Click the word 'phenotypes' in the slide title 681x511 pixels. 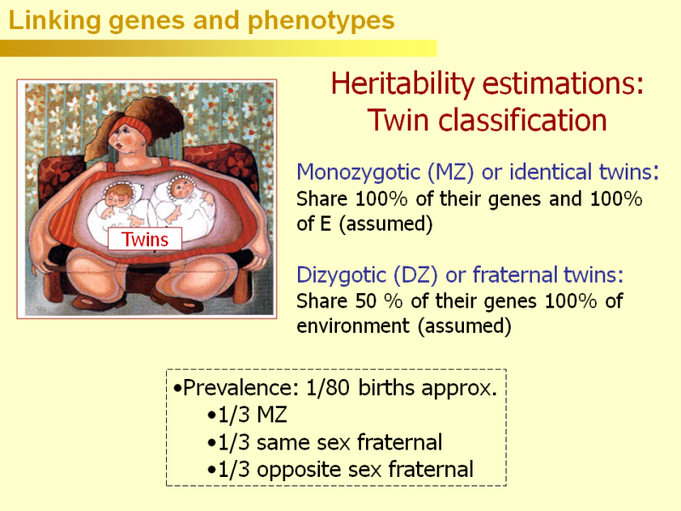tap(321, 21)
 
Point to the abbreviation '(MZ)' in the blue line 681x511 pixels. tap(450, 173)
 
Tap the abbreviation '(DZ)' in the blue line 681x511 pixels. tap(415, 275)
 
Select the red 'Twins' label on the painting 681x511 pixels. tap(145, 239)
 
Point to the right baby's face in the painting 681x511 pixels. tap(182, 188)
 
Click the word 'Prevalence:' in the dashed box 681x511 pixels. tap(241, 388)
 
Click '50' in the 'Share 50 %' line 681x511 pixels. tap(366, 301)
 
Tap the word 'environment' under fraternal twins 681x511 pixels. tap(352, 326)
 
